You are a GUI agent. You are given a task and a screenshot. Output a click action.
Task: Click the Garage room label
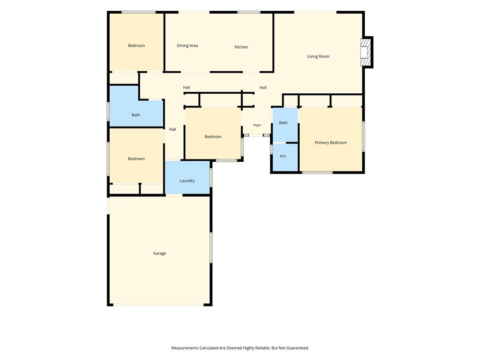tap(159, 253)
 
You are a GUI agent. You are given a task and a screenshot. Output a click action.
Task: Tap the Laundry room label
tap(187, 180)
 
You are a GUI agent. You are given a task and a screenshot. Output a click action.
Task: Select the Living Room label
tap(318, 56)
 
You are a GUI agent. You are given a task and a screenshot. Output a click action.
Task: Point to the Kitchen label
tap(241, 47)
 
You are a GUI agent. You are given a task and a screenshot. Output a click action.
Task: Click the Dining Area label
tap(187, 45)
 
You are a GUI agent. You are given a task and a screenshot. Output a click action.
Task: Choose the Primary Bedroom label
tap(331, 142)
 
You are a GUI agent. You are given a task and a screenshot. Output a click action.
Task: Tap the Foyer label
tap(257, 125)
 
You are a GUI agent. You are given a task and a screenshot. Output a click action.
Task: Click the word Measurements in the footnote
tap(185, 348)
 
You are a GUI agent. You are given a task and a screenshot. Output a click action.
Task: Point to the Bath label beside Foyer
tap(283, 123)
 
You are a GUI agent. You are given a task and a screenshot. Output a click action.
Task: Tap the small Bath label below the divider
tap(283, 156)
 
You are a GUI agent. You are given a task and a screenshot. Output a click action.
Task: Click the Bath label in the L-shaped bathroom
tap(135, 115)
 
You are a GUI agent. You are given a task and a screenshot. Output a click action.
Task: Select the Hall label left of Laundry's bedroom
tap(172, 129)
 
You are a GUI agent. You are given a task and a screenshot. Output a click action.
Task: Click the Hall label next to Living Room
tap(263, 88)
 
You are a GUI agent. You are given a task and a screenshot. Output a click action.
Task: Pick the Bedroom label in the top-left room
tap(136, 45)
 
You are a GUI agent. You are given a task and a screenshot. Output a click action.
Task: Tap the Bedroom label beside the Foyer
tap(213, 136)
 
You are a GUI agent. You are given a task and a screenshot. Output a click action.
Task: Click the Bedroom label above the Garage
tap(136, 158)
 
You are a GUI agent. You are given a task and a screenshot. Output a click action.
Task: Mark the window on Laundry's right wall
tap(211, 177)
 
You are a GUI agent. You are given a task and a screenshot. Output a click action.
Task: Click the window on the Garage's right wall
tap(211, 247)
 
